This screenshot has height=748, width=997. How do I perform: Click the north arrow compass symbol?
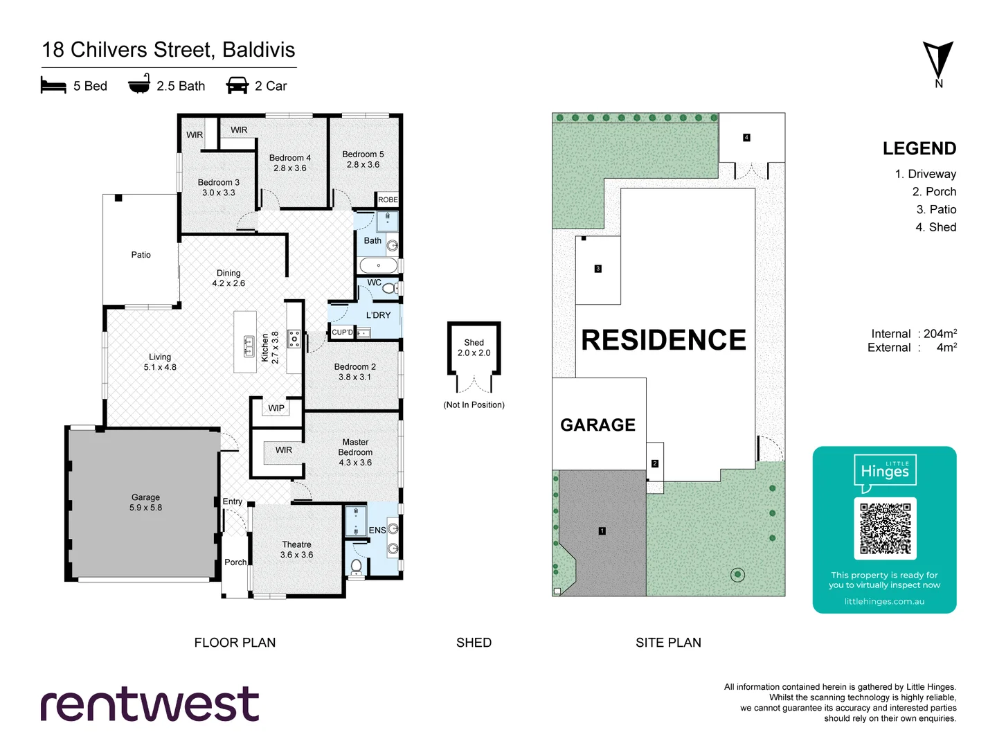pos(938,61)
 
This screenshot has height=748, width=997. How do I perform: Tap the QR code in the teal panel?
pos(885,528)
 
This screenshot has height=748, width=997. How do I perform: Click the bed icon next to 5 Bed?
pos(53,85)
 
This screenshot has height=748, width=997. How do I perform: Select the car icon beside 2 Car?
pos(237,85)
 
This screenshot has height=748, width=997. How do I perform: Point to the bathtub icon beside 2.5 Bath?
pos(139,84)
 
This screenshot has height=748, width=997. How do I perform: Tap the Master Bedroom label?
pos(355,452)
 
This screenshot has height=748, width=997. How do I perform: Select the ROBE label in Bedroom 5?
pos(388,199)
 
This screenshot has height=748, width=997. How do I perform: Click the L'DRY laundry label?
pos(378,315)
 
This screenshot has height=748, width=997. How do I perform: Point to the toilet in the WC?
pos(390,287)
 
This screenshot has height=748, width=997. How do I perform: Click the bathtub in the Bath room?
pos(378,265)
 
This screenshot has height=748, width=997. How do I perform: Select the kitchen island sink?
pos(249,345)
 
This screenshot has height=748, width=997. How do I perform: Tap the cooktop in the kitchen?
pos(294,339)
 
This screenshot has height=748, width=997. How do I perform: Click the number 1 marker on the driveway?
pos(602,531)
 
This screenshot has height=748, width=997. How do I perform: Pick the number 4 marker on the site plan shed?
pos(746,138)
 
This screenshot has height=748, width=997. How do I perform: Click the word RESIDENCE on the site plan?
pos(663,340)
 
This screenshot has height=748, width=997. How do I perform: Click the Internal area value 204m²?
pos(940,333)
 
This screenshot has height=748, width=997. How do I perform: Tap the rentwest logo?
pos(150,704)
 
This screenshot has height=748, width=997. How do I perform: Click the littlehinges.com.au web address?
pos(884,601)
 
